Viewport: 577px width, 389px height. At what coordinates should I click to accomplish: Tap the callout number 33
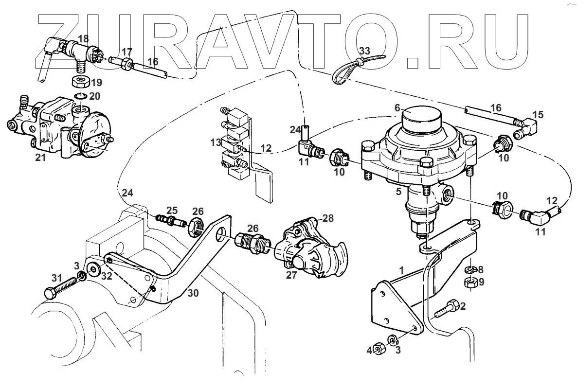[365, 50]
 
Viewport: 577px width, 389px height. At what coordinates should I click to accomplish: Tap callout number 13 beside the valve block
[216, 142]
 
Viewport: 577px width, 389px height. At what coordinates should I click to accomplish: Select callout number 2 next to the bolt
[462, 306]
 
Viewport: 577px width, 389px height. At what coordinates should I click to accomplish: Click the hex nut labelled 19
[79, 80]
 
